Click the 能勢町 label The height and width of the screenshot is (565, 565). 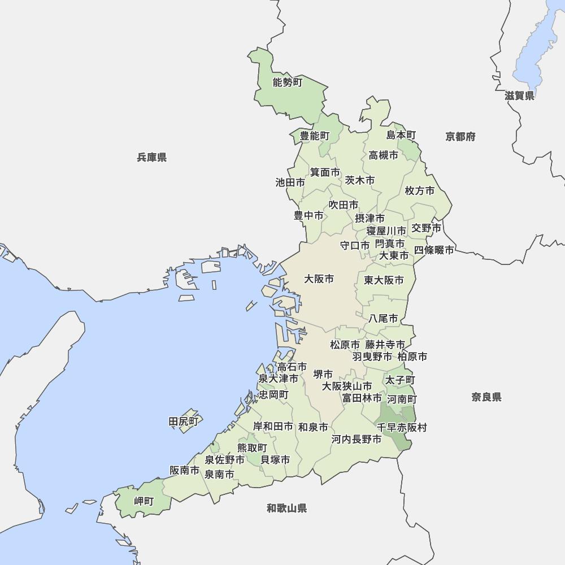[288, 83]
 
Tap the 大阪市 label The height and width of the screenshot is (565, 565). [319, 279]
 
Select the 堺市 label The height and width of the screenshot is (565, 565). [323, 374]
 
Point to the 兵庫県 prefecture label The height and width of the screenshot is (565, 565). [151, 158]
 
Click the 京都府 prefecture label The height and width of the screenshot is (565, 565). [460, 137]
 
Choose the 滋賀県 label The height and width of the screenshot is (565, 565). [519, 96]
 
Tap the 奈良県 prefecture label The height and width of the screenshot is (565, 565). [486, 397]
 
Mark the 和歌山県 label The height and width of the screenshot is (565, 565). [286, 508]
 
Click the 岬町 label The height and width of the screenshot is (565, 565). [144, 501]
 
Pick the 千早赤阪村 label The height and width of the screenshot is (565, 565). [402, 428]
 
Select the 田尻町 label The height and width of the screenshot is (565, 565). [184, 421]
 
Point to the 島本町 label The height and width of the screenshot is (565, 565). [401, 135]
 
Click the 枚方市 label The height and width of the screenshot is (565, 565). [420, 191]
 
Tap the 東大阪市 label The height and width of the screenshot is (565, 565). [384, 280]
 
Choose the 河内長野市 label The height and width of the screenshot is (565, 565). [356, 439]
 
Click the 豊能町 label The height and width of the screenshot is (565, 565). [314, 136]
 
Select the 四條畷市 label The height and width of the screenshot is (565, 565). [433, 250]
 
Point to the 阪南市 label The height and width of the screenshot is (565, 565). [185, 470]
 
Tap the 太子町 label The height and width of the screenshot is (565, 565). [400, 380]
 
